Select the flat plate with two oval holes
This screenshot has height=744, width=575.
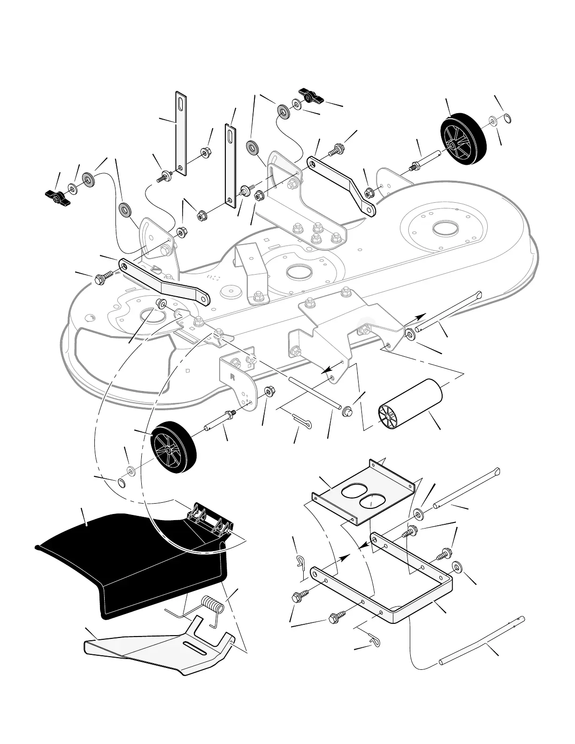coord(363,493)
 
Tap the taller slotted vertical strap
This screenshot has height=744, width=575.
coord(181,134)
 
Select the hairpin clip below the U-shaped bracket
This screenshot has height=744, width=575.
coord(376,640)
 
